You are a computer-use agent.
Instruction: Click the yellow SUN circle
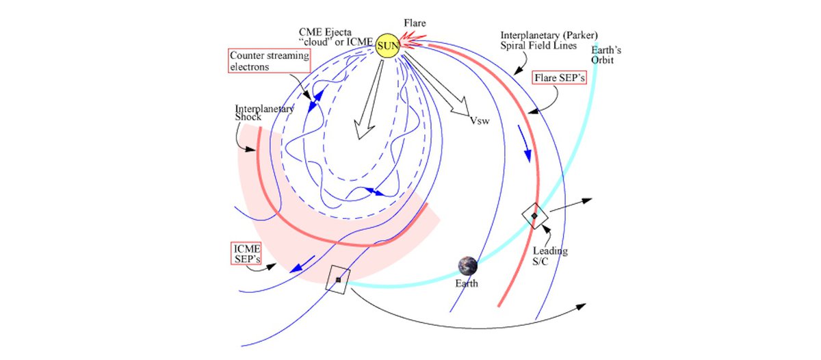coord(387,46)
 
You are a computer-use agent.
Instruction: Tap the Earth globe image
coord(469,266)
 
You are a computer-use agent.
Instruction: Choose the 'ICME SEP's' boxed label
coord(246,254)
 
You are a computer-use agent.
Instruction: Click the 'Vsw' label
coord(480,121)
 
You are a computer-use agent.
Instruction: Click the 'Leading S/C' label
coord(550,256)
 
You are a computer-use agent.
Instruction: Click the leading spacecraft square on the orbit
coord(534,216)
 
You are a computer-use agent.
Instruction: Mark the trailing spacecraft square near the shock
coord(338,279)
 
